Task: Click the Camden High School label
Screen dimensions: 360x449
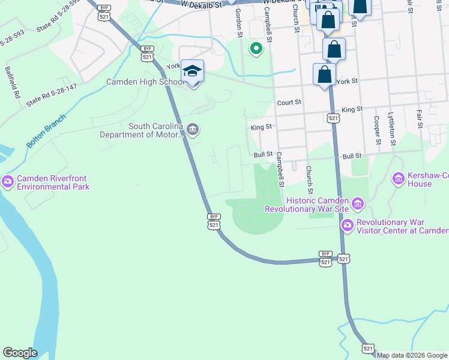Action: [145, 82]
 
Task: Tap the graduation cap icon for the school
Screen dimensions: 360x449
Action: [193, 72]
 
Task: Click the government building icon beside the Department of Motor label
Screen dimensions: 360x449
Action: [193, 130]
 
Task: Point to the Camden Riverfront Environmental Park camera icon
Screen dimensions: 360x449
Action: [8, 181]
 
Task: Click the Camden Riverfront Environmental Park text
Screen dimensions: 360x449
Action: [53, 182]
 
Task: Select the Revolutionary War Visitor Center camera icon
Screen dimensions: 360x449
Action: [347, 226]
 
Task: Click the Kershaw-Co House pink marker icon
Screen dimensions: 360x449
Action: [397, 178]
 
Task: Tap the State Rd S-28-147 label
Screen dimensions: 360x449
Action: [51, 95]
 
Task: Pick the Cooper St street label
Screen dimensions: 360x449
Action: [376, 130]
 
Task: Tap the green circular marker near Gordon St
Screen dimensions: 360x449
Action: [256, 49]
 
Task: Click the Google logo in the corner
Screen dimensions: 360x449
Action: [20, 353]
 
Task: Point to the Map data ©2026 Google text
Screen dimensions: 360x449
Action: [411, 355]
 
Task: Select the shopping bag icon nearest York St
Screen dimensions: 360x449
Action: [325, 75]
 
